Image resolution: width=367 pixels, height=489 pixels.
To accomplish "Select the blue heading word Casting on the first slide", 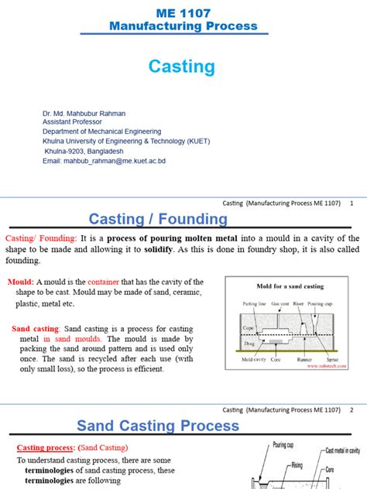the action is (182, 67).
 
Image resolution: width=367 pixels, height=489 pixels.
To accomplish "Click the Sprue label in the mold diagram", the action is (334, 360).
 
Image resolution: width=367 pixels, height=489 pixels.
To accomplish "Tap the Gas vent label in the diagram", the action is (273, 303).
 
